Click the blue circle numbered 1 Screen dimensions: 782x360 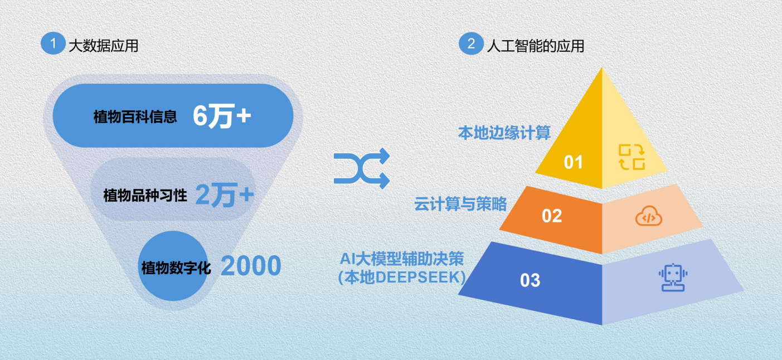pos(53,43)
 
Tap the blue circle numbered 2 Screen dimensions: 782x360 pos(471,43)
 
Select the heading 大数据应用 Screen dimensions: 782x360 pos(103,46)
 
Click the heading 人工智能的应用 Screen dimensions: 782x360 pos(535,46)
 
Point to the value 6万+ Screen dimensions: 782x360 pos(222,116)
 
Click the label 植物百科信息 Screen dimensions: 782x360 pos(135,116)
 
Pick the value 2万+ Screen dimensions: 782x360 pos(225,195)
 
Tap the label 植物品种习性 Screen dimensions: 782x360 pos(145,195)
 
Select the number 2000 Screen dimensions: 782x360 pos(251,266)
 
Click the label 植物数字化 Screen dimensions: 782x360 pos(176,268)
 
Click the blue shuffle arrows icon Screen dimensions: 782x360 pos(362,168)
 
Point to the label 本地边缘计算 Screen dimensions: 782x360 pos(504,133)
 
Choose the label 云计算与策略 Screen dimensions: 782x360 pos(460,204)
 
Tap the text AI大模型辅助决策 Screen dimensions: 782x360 pos(402,259)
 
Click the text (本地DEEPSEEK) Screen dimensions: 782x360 pos(402,278)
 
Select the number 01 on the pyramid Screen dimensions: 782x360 pos(573,162)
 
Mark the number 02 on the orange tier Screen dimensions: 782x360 pos(552,216)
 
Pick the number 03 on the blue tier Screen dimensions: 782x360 pos(530,280)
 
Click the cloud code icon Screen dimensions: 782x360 pos(649,216)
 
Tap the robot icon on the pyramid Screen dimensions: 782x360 pos(673,278)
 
